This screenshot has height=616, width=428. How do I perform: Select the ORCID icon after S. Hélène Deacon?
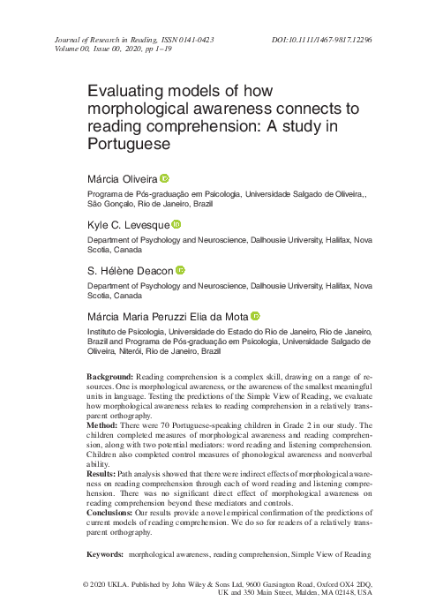click(180, 270)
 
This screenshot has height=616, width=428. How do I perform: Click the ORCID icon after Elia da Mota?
click(256, 316)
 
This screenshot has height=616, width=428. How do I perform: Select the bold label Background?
click(109, 377)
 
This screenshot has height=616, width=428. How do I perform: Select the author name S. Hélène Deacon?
click(130, 271)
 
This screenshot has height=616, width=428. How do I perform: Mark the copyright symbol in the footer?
click(86, 585)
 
